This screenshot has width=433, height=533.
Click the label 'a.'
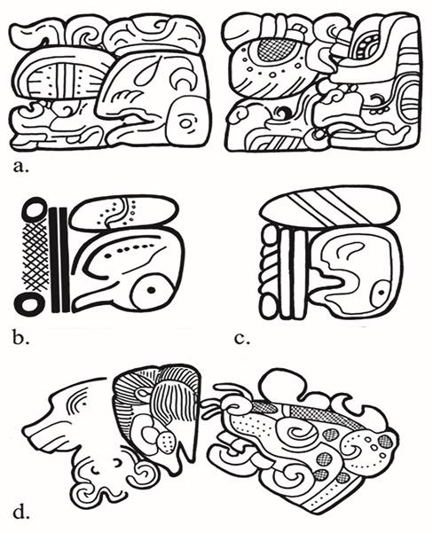click(21, 168)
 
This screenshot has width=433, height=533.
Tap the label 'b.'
click(21, 338)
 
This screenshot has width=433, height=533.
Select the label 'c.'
click(242, 340)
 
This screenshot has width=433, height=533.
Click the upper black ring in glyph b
click(34, 208)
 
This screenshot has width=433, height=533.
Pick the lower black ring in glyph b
click(30, 303)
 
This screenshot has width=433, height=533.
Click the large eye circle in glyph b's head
click(150, 290)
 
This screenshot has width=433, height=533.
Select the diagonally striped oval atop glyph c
click(328, 206)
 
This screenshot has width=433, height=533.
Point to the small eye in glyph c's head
click(381, 292)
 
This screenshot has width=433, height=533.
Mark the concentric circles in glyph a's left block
click(186, 123)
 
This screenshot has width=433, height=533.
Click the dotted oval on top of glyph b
click(125, 214)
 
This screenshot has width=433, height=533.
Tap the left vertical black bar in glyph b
click(54, 260)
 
